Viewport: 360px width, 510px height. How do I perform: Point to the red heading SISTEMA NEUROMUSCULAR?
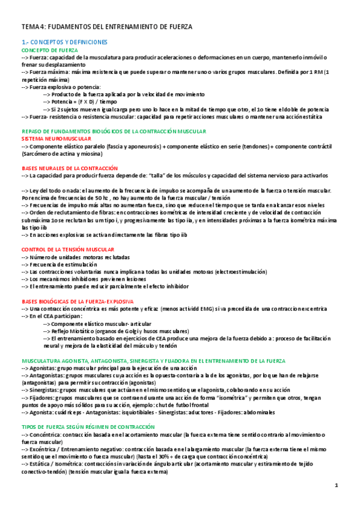pyautogui.click(x=52, y=138)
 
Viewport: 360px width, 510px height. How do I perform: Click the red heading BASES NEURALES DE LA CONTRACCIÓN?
pyautogui.click(x=69, y=168)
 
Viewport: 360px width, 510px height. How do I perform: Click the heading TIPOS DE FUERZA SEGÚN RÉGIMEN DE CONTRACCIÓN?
pyautogui.click(x=88, y=426)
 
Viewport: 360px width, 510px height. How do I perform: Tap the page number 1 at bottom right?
pyautogui.click(x=337, y=485)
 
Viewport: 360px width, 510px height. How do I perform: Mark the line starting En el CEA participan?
pyautogui.click(x=52, y=316)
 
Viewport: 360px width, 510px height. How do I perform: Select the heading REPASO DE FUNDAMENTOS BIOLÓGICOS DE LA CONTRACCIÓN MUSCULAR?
pyautogui.click(x=114, y=131)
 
